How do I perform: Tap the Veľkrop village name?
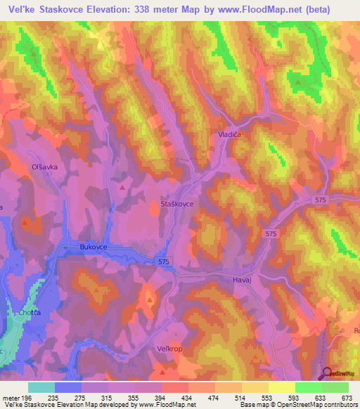(169, 348)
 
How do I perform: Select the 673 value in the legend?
(346, 398)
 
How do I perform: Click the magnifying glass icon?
(328, 373)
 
